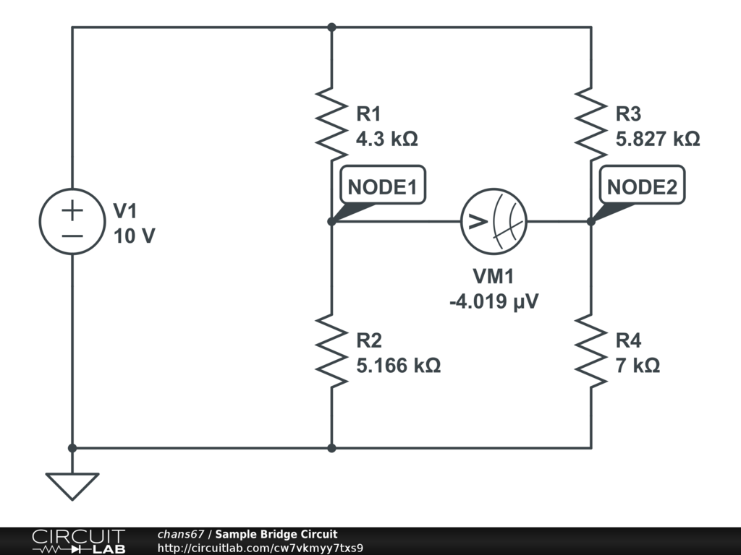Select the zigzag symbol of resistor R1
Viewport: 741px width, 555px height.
(331, 123)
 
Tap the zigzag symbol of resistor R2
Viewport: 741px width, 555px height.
(331, 350)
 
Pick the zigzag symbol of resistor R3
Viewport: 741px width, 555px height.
(591, 123)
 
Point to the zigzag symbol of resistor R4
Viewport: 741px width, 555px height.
(591, 350)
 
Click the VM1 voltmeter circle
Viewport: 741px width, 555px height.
(494, 221)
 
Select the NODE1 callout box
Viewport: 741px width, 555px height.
(382, 186)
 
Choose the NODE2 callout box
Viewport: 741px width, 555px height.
(642, 186)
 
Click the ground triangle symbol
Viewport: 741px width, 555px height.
(72, 485)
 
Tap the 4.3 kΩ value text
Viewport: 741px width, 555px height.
(387, 139)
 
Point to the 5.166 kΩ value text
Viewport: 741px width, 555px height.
(398, 366)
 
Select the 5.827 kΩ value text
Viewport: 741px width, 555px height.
(658, 139)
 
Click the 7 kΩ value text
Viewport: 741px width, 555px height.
(638, 366)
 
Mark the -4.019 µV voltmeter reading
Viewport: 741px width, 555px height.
(494, 301)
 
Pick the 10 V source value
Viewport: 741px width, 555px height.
(134, 236)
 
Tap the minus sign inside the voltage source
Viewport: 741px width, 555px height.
(72, 236)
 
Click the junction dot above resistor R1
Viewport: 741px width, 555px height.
(331, 27)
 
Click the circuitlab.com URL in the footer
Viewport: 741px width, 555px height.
(260, 548)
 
